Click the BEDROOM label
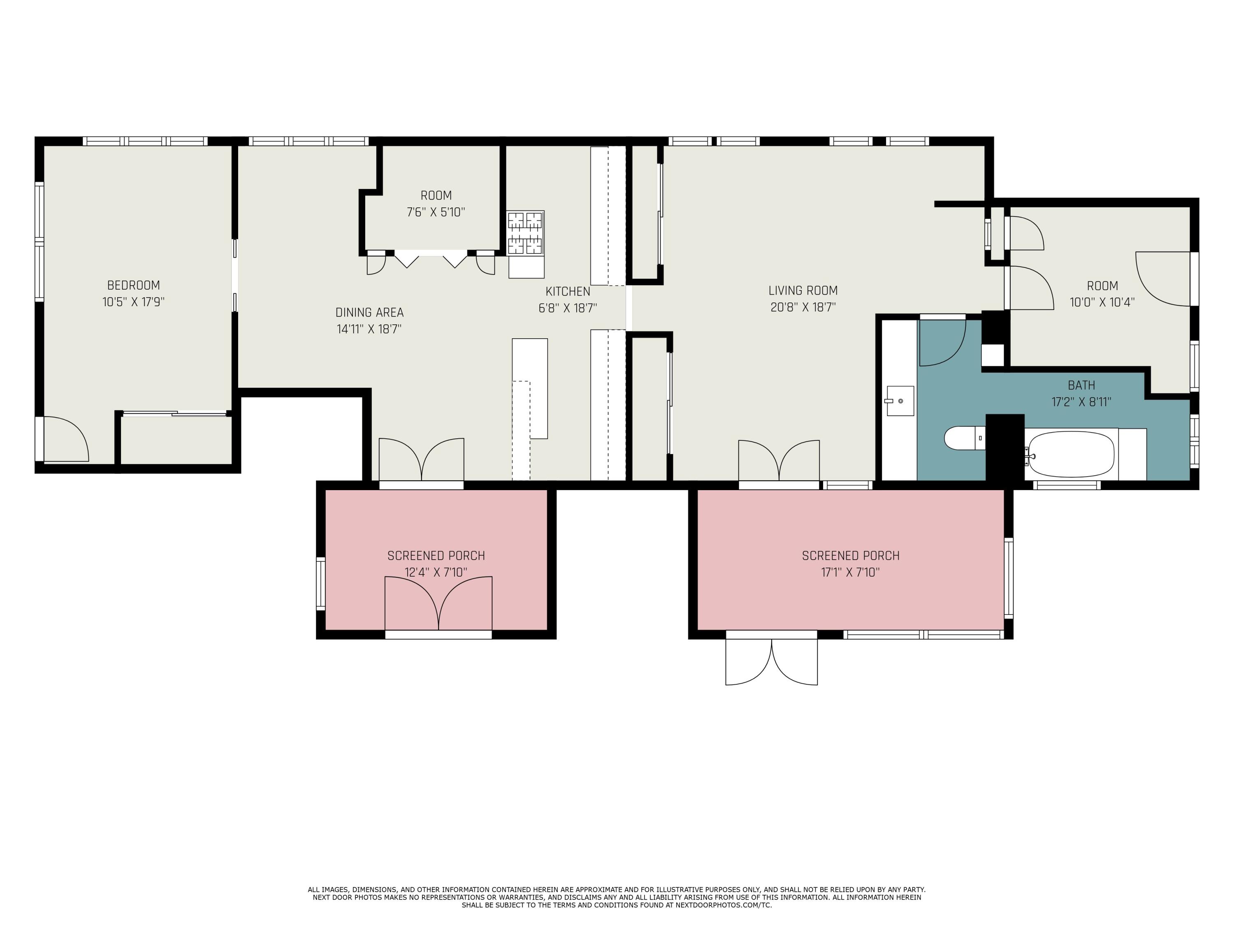[x=133, y=285]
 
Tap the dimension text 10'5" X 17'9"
[x=133, y=302]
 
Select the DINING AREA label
[x=369, y=312]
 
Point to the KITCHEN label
[x=567, y=291]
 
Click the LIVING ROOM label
[x=803, y=290]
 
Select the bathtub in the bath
[x=1071, y=454]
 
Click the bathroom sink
[x=899, y=401]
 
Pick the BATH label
[x=1081, y=385]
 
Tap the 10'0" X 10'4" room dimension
[x=1102, y=302]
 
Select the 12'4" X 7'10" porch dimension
[x=436, y=572]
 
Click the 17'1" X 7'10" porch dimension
[x=850, y=572]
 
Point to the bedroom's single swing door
[x=65, y=440]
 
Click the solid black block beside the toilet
[x=1005, y=446]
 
